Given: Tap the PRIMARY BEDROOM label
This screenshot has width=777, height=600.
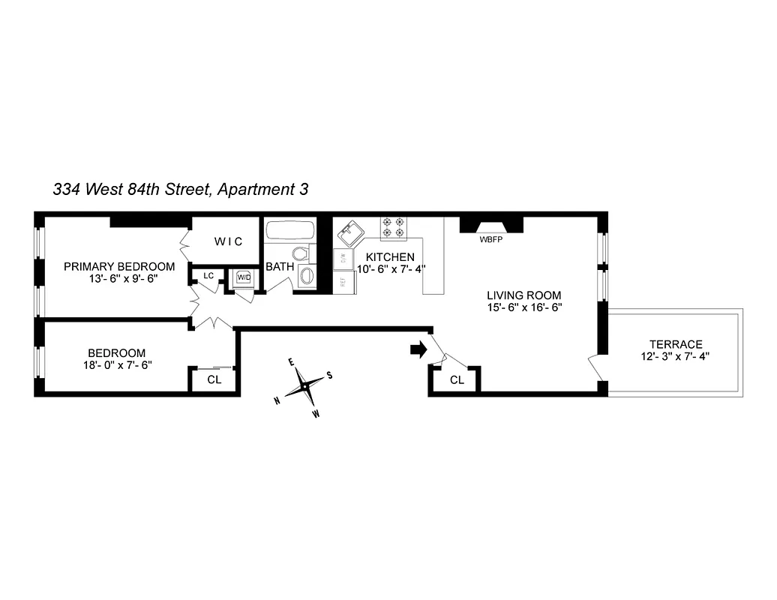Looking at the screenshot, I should point(119,266).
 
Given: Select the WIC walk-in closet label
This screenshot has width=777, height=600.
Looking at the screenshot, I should point(228,241).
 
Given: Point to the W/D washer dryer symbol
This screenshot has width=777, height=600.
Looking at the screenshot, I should point(244,277).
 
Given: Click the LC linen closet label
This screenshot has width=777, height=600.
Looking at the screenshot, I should point(208,276).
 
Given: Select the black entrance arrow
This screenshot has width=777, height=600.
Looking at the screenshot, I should point(418,349).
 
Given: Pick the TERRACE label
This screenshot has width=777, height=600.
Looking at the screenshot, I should point(676,344).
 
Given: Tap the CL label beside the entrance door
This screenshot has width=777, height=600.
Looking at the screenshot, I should point(457,380).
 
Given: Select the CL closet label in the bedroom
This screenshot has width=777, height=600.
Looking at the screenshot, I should point(214,379).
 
